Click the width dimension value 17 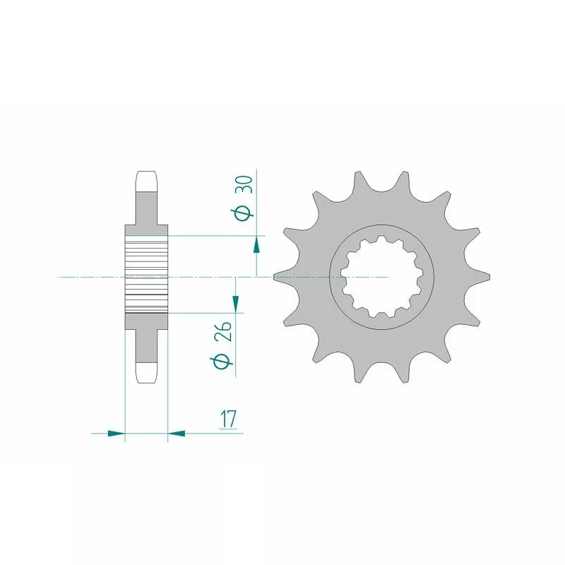tap(227, 419)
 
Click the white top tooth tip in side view tap(146, 181)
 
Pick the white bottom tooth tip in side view tap(146, 372)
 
